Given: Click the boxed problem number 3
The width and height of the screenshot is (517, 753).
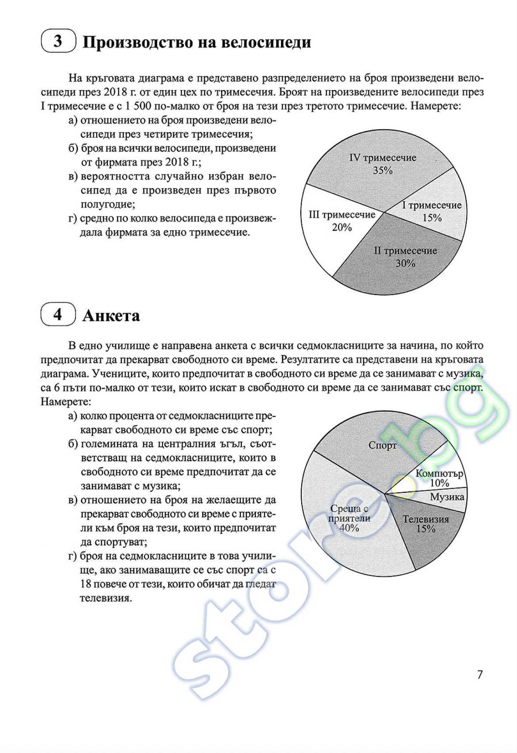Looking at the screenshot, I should [58, 41].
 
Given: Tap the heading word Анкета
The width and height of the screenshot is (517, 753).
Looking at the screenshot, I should [111, 316].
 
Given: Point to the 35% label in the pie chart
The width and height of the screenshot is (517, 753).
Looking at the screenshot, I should [383, 171].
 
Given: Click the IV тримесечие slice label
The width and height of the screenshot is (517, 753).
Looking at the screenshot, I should [383, 158].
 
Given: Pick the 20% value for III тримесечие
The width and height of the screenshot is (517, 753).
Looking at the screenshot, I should [342, 228].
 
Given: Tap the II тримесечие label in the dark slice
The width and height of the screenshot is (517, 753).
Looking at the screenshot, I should [405, 251].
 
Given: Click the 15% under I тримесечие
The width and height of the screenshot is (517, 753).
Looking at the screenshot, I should [432, 218].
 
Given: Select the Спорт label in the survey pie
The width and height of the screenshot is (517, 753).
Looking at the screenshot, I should [383, 445].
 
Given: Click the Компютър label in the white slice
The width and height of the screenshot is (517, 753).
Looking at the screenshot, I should [439, 473].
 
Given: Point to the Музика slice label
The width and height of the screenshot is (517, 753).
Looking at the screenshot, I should [447, 497].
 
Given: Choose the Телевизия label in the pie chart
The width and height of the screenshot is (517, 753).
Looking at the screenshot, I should [426, 519].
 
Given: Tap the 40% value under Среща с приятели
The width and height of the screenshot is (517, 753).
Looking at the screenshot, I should [349, 528].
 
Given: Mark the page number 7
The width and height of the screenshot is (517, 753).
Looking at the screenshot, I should [480, 675].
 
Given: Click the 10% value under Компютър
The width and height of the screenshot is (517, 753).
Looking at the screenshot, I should [439, 483].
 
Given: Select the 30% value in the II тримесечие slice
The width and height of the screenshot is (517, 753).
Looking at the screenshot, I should [405, 263].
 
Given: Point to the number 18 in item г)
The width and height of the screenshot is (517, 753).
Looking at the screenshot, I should [86, 584].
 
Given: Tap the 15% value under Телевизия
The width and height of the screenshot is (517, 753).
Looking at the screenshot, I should [426, 529].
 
